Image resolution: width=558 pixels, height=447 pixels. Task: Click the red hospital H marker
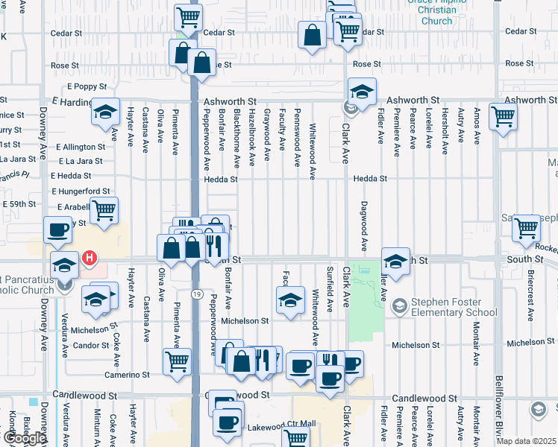[89, 259]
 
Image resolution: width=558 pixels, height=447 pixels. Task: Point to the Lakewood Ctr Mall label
[282, 425]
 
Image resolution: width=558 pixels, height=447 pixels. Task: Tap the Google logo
[24, 439]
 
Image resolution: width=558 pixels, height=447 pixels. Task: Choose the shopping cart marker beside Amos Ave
[504, 116]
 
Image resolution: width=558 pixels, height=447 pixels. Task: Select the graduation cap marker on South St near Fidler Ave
[395, 261]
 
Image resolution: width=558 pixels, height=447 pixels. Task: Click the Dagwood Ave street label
[365, 225]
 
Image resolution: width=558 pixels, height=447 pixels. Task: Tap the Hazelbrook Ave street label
[252, 139]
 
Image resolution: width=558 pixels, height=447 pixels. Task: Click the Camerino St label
[122, 375]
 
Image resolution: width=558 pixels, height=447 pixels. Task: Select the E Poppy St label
[87, 87]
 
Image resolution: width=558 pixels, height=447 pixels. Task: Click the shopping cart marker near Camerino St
[178, 363]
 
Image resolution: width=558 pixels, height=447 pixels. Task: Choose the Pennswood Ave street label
[298, 140]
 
